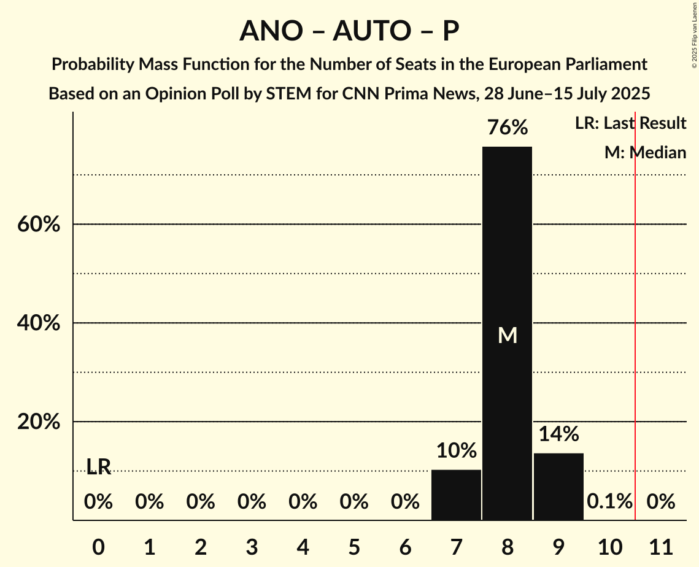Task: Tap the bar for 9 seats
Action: click(x=558, y=486)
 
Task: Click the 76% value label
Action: click(x=507, y=128)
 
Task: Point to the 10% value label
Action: click(x=456, y=451)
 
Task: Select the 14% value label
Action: click(x=558, y=434)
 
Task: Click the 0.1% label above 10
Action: click(x=609, y=502)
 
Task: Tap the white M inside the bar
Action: click(x=508, y=336)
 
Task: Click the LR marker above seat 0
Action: click(x=98, y=467)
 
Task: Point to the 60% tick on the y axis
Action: click(x=38, y=225)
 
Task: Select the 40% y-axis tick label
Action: click(x=38, y=323)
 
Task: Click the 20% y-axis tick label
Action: click(x=38, y=422)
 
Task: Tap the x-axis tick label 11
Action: click(x=661, y=545)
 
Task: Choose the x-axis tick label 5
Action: click(x=353, y=545)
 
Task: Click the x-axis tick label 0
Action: click(x=98, y=545)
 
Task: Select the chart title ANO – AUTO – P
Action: click(x=349, y=31)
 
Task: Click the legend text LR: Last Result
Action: click(x=630, y=123)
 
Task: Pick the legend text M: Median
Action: click(x=645, y=153)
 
